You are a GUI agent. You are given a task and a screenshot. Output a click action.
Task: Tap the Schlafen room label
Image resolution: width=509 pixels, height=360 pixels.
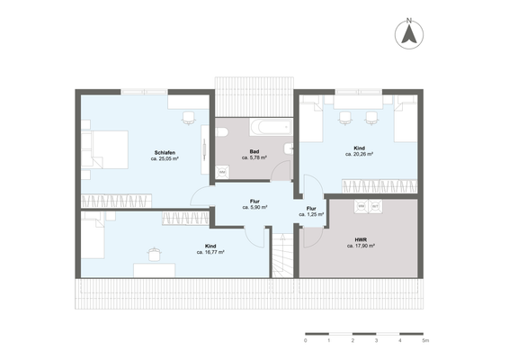(x=165, y=152)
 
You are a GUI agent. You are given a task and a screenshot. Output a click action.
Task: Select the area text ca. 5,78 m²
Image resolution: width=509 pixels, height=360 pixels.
(x=255, y=157)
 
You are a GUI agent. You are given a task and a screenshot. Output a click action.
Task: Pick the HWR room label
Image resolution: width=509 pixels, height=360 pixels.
(x=348, y=240)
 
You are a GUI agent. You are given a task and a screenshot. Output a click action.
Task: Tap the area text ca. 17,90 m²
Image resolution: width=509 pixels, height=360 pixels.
(x=348, y=247)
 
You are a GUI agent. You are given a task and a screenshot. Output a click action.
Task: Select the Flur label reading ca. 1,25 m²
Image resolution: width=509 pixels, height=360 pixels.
(x=311, y=214)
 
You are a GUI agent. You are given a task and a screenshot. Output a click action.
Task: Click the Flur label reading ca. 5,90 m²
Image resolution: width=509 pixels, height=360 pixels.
(x=255, y=207)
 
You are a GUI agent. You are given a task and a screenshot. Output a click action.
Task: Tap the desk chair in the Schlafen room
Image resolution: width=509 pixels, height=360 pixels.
(x=188, y=117)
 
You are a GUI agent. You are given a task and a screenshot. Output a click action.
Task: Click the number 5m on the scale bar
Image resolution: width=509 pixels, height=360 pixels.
(x=425, y=342)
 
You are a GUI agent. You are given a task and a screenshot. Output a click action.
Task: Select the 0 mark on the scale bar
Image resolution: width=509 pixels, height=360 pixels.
(x=306, y=342)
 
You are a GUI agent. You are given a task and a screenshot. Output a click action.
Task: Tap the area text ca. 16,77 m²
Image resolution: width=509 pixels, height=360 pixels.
(x=210, y=252)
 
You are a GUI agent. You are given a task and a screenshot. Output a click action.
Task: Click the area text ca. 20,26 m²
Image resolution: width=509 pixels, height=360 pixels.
(x=359, y=154)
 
